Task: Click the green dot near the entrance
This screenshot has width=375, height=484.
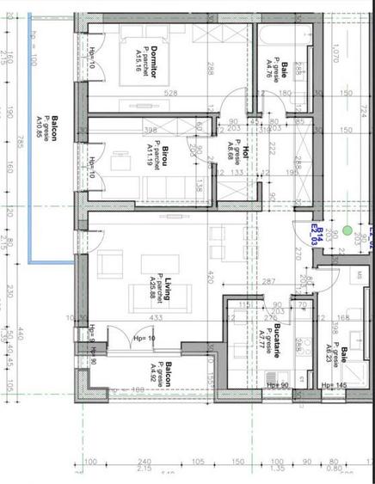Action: coord(346,230)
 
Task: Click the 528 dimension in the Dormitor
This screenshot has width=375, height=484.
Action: coord(170,94)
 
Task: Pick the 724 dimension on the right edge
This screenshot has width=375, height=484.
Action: coord(365,113)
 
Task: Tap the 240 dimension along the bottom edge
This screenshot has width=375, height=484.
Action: coord(144,463)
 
